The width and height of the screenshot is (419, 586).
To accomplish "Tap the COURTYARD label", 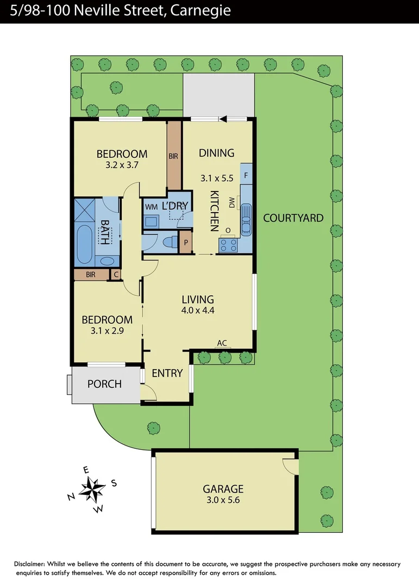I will [293, 218].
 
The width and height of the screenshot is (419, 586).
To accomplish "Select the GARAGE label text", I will [223, 489].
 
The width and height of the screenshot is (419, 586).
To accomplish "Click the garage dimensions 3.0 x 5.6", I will [223, 500].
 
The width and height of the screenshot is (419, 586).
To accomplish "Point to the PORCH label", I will [104, 384].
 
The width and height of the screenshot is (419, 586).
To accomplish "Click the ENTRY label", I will [166, 373].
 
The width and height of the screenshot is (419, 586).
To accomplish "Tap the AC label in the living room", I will [222, 343].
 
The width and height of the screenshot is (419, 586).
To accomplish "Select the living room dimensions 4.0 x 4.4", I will [198, 311].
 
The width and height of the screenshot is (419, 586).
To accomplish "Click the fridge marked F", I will [246, 176].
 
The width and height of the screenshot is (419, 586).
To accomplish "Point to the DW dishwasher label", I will [232, 203].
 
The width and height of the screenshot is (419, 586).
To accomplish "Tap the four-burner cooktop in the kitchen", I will [227, 245].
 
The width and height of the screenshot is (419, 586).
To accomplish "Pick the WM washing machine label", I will [151, 207].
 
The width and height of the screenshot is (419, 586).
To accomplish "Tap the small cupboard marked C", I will [116, 275].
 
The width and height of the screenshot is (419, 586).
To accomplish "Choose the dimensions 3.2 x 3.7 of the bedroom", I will [122, 165].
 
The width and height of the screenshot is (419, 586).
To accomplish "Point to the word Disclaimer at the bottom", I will [33, 564].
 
